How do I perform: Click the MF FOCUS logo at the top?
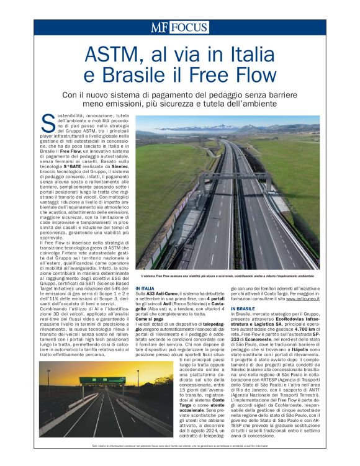179,27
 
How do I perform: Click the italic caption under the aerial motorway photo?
227,275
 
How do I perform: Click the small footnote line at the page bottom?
179,447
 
